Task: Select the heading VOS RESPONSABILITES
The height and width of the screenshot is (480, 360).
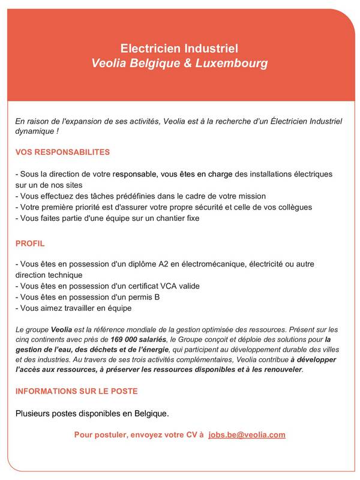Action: click(x=62, y=152)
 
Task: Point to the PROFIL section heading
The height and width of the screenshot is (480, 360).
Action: click(x=30, y=244)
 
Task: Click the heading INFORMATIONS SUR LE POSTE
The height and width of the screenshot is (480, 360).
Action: click(x=76, y=391)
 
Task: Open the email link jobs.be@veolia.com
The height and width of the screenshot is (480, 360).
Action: click(x=247, y=434)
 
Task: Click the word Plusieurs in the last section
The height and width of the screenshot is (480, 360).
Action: click(x=35, y=413)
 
